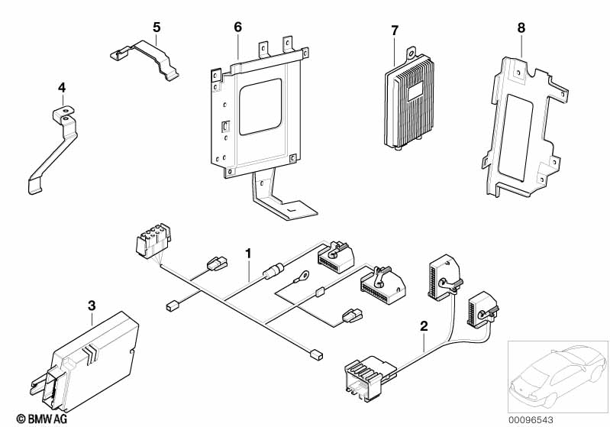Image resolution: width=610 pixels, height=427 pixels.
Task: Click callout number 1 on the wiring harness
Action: pyautogui.click(x=247, y=251)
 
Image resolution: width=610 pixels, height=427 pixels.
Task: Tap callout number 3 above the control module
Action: pyautogui.click(x=92, y=306)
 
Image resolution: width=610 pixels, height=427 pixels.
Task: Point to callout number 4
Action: pyautogui.click(x=62, y=89)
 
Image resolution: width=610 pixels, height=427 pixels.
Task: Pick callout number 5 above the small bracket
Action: pyautogui.click(x=157, y=27)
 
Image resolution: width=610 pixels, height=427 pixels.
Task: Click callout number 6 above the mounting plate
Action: pyautogui.click(x=237, y=27)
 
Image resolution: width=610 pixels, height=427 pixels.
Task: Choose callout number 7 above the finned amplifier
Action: pyautogui.click(x=395, y=31)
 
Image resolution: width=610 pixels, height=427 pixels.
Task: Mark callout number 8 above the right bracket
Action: pyautogui.click(x=521, y=27)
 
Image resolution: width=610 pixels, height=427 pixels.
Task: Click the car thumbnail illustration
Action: pyautogui.click(x=557, y=375)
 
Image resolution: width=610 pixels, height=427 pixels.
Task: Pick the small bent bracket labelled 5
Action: pyautogui.click(x=145, y=57)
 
